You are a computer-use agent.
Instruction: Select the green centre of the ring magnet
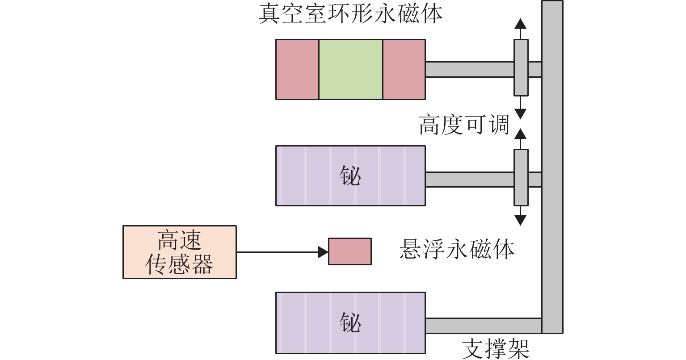click(350, 69)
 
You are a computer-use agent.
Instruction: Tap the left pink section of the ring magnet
click(297, 69)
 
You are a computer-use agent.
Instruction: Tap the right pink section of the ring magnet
click(404, 69)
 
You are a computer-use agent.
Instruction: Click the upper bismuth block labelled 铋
click(350, 176)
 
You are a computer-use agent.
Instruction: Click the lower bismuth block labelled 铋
click(350, 322)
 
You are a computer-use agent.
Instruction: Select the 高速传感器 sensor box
click(179, 252)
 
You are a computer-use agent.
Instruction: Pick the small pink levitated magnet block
click(349, 251)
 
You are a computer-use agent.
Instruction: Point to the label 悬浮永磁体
click(456, 249)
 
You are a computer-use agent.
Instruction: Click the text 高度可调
click(464, 125)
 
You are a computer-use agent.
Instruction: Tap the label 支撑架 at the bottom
click(495, 348)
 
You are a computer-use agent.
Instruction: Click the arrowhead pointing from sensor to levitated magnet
click(323, 252)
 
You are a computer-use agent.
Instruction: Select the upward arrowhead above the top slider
click(520, 24)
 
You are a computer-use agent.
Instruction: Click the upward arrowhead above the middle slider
click(520, 134)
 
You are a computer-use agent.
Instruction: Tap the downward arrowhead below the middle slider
click(520, 220)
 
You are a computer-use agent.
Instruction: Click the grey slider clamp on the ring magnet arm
click(521, 67)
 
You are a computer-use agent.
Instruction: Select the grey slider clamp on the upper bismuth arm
click(521, 177)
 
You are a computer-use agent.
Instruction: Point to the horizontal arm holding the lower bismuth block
click(483, 325)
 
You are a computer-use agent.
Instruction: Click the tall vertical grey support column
click(552, 179)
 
